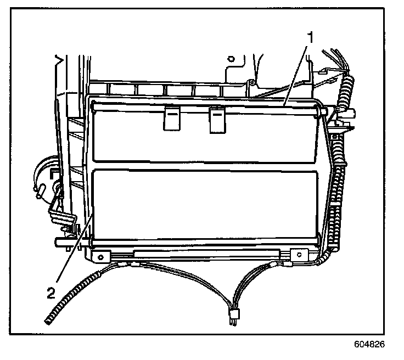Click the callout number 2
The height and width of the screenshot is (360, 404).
coord(51,292)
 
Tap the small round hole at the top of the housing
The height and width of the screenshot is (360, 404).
coord(231,58)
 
